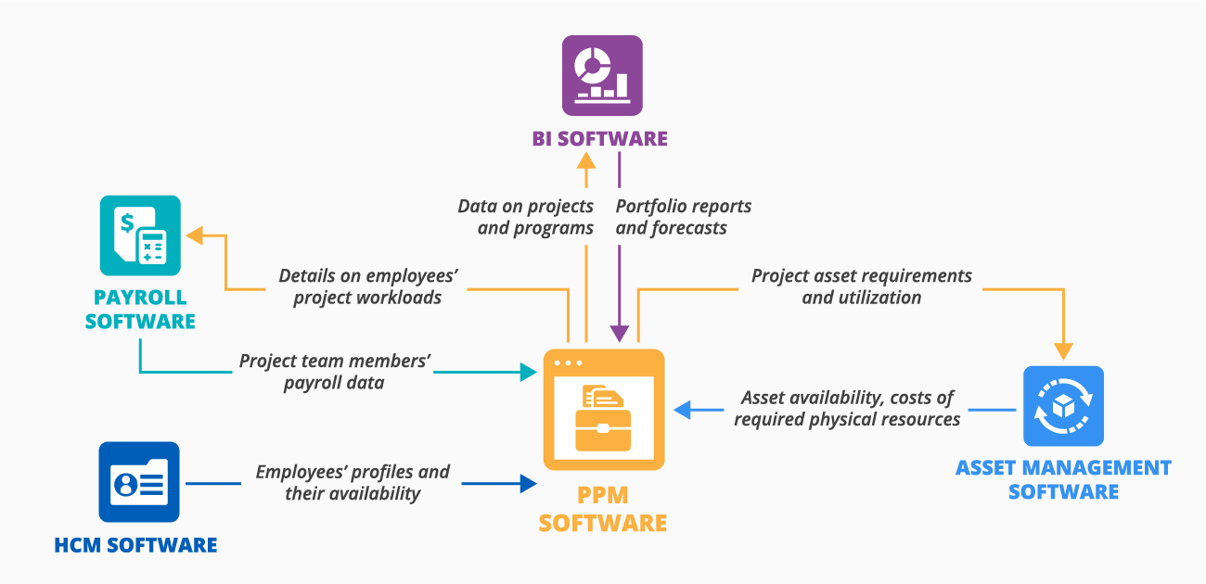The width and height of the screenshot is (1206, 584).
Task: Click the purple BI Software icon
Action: click(601, 75)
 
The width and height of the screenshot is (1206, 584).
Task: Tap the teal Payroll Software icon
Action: click(140, 235)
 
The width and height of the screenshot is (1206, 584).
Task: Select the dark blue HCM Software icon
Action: click(139, 482)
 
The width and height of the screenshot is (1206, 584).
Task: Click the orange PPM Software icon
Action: click(603, 410)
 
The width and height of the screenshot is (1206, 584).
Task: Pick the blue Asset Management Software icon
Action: click(1063, 406)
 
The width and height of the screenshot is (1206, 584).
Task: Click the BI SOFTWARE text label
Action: click(599, 139)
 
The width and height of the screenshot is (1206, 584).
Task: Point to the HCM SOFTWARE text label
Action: click(135, 545)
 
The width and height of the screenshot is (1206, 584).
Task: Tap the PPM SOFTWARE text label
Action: click(603, 511)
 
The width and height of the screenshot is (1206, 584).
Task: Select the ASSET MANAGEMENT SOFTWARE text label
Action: click(1063, 479)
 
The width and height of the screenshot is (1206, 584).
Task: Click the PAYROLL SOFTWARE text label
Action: click(140, 310)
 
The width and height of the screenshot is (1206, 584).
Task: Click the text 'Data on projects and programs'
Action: click(526, 217)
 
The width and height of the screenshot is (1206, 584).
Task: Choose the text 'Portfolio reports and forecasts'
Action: click(683, 217)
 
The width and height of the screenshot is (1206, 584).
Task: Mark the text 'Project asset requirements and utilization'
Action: click(861, 286)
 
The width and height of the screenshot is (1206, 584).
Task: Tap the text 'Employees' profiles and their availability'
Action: click(353, 483)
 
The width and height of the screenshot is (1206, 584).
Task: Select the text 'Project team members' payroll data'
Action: click(334, 372)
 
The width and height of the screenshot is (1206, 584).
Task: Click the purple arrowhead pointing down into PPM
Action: click(620, 334)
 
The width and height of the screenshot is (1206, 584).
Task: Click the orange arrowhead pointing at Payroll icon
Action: click(194, 235)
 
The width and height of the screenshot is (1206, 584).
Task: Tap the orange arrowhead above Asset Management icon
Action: click(1063, 351)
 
